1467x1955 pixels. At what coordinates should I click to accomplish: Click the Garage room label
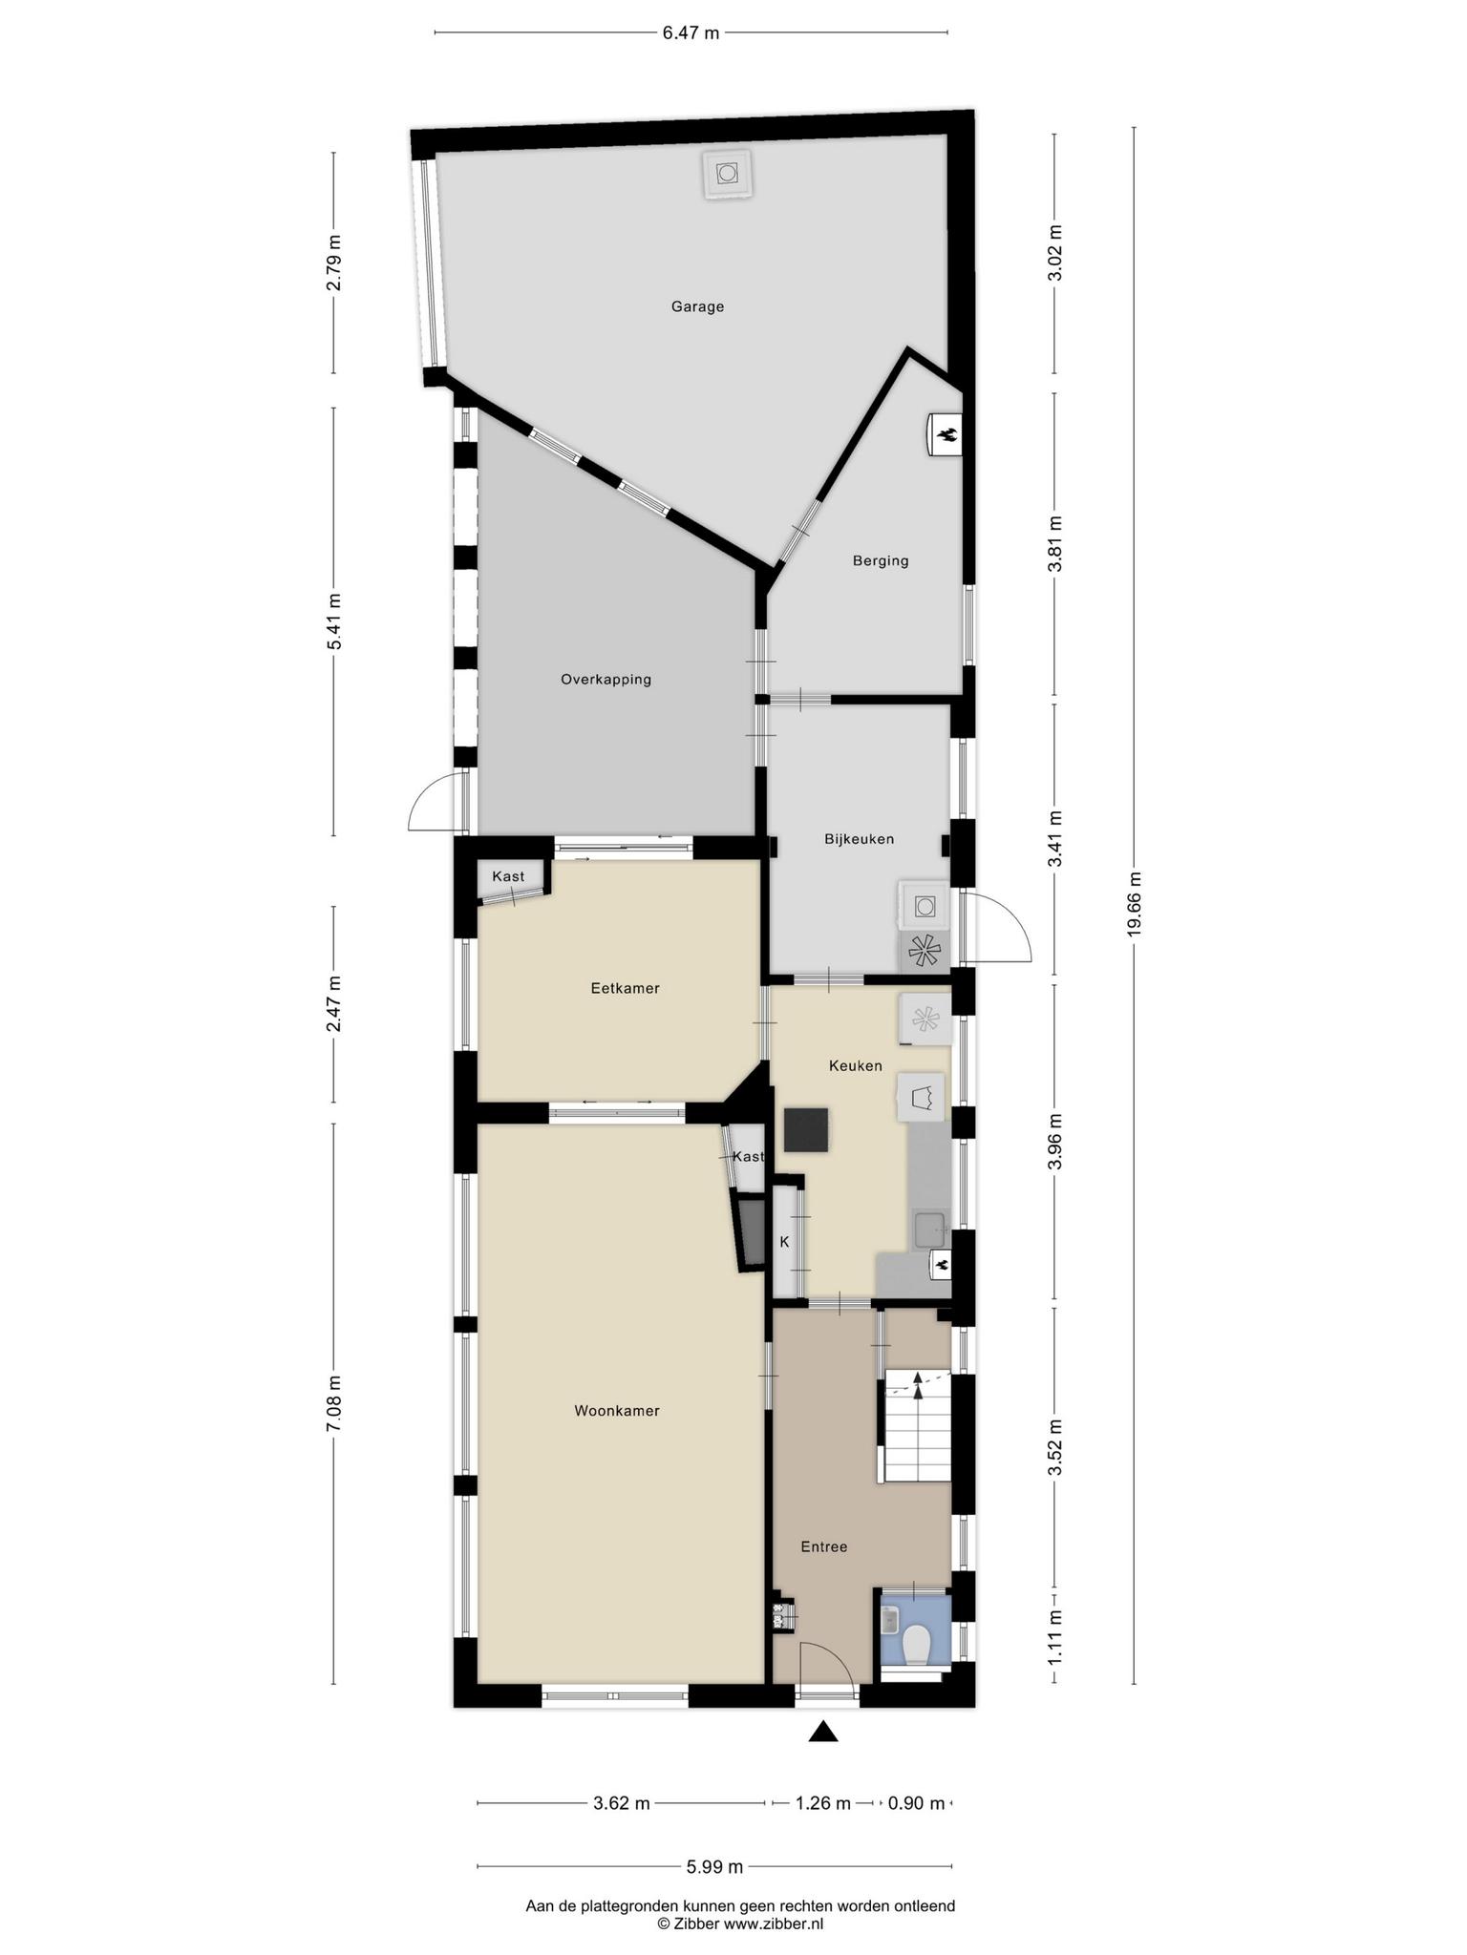point(697,306)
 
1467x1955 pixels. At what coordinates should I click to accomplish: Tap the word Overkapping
point(606,680)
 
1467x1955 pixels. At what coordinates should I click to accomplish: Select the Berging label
point(881,560)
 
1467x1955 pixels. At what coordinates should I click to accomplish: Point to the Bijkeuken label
point(860,839)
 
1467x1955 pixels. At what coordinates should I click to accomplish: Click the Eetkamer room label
point(625,988)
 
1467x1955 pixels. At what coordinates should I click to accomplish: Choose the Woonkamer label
point(617,1410)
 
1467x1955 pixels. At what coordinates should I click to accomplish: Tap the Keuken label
point(856,1065)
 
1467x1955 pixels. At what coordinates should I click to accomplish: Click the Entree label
point(823,1546)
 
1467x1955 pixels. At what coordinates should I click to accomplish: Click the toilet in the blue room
point(917,1645)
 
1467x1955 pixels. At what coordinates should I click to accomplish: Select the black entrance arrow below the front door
point(823,1732)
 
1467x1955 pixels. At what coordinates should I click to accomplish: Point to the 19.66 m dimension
point(1134,904)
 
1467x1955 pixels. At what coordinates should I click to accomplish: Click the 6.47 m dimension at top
point(691,33)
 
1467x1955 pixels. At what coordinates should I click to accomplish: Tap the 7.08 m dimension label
point(333,1403)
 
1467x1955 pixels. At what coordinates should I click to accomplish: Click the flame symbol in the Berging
point(947,436)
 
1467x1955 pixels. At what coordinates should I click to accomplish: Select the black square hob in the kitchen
point(806,1130)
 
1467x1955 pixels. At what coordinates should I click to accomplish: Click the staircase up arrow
point(919,1386)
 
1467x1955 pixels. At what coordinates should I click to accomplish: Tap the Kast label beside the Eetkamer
point(508,876)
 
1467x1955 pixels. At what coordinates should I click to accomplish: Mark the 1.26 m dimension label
point(823,1803)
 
